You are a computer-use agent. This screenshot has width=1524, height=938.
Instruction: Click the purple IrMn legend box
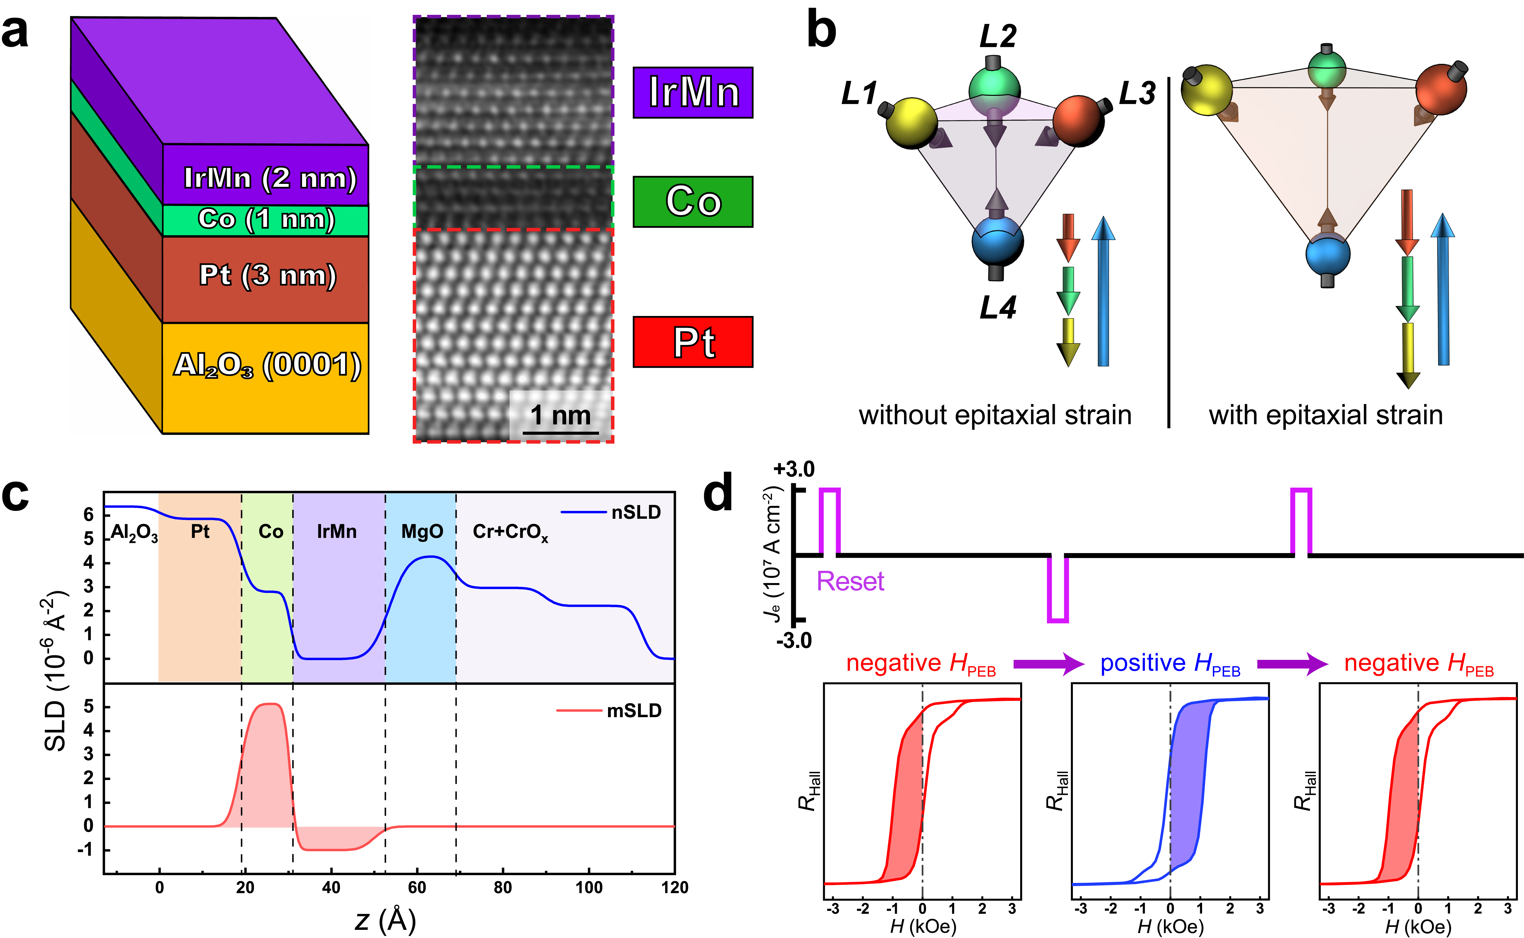point(692,93)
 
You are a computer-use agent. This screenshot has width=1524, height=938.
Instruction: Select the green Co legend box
point(692,202)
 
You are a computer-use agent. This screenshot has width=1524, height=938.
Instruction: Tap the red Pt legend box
point(692,342)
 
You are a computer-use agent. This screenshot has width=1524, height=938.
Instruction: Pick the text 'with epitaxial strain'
point(1325,415)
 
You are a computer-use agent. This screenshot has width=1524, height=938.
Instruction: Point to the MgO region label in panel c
point(422,532)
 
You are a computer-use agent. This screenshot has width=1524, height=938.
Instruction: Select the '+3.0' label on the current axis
point(794,469)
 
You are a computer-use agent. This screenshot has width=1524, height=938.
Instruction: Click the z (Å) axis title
point(385,920)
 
